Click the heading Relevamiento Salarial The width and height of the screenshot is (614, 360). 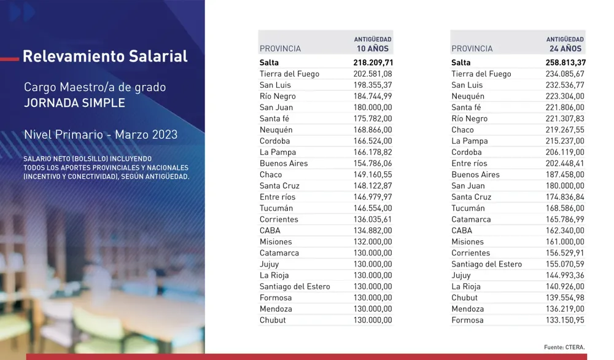coord(105,57)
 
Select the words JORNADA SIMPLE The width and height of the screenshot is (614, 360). coord(74,103)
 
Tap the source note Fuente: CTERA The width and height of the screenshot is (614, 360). coord(564,347)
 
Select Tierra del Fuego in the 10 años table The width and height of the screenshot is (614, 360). coord(289,74)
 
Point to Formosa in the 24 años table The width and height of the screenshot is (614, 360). coord(467,320)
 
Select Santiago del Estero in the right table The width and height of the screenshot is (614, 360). coord(486,264)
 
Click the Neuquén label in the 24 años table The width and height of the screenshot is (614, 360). coord(468,96)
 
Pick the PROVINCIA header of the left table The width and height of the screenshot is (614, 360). coord(280,49)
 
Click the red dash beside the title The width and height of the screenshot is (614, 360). coord(9,58)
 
